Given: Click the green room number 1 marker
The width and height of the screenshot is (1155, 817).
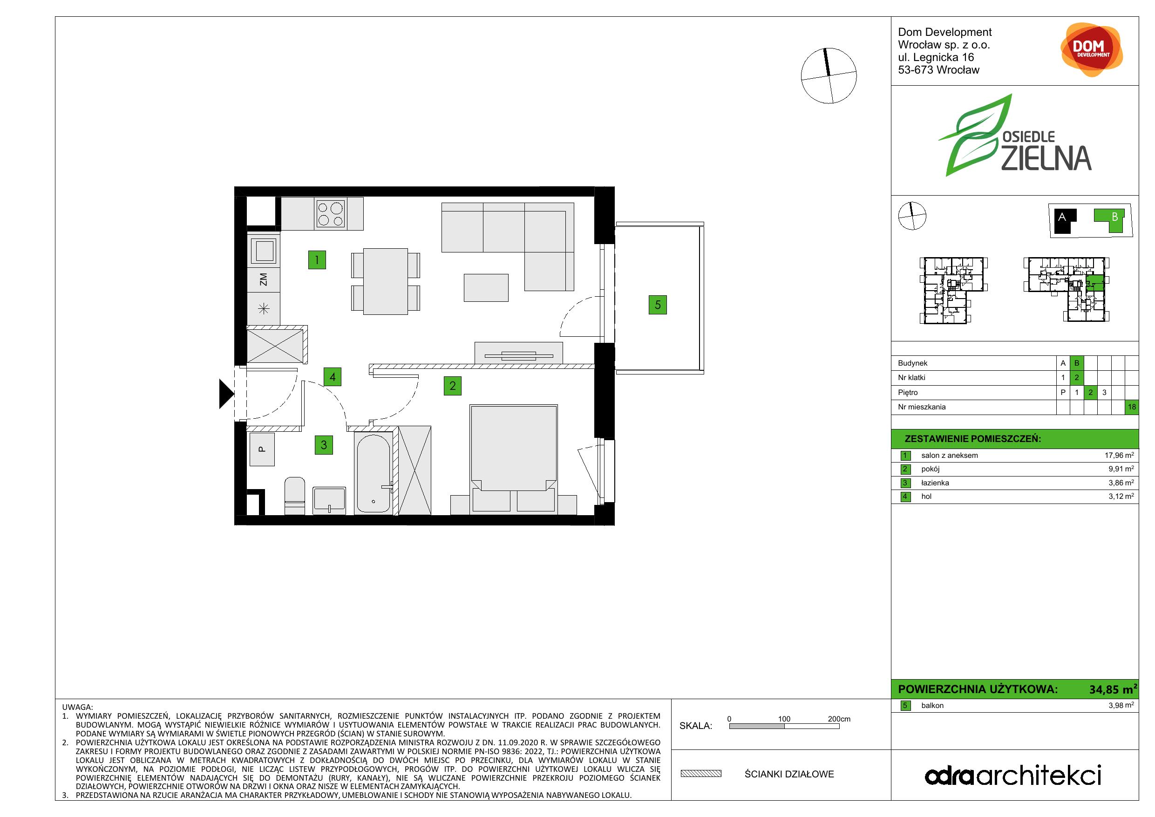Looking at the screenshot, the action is (x=317, y=260).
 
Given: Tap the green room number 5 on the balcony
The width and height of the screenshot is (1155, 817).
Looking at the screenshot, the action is (x=658, y=305).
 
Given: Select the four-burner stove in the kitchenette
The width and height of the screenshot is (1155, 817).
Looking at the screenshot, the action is (x=331, y=213).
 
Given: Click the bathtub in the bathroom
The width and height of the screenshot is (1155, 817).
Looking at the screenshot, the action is (x=373, y=473).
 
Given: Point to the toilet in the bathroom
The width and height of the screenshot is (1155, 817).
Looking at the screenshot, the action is (x=295, y=496).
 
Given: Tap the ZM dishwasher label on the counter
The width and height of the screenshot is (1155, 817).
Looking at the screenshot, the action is (x=263, y=279).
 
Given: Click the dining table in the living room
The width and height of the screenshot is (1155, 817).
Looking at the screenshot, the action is (x=385, y=281).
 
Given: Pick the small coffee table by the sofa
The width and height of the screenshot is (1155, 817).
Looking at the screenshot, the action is (x=486, y=288).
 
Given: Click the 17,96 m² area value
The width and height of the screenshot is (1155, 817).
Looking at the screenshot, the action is (x=1119, y=455).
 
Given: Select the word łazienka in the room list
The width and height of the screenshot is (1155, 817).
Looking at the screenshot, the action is (x=935, y=483).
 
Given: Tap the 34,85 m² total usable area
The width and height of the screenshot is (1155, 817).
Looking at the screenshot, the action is (x=1113, y=689).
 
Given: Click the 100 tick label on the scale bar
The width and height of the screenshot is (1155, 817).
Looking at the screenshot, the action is (x=784, y=719).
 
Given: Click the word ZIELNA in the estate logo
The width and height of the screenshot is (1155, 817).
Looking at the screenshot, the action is (x=1046, y=159).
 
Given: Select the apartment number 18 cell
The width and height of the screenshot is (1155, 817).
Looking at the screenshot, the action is (x=1132, y=407).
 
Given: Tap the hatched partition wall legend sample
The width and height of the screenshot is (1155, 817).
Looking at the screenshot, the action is (x=701, y=774).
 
